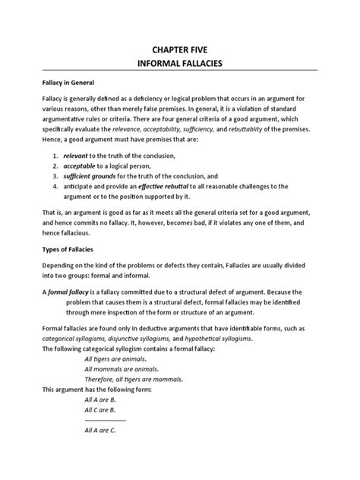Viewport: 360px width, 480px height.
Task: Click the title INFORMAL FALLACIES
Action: pyautogui.click(x=180, y=66)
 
